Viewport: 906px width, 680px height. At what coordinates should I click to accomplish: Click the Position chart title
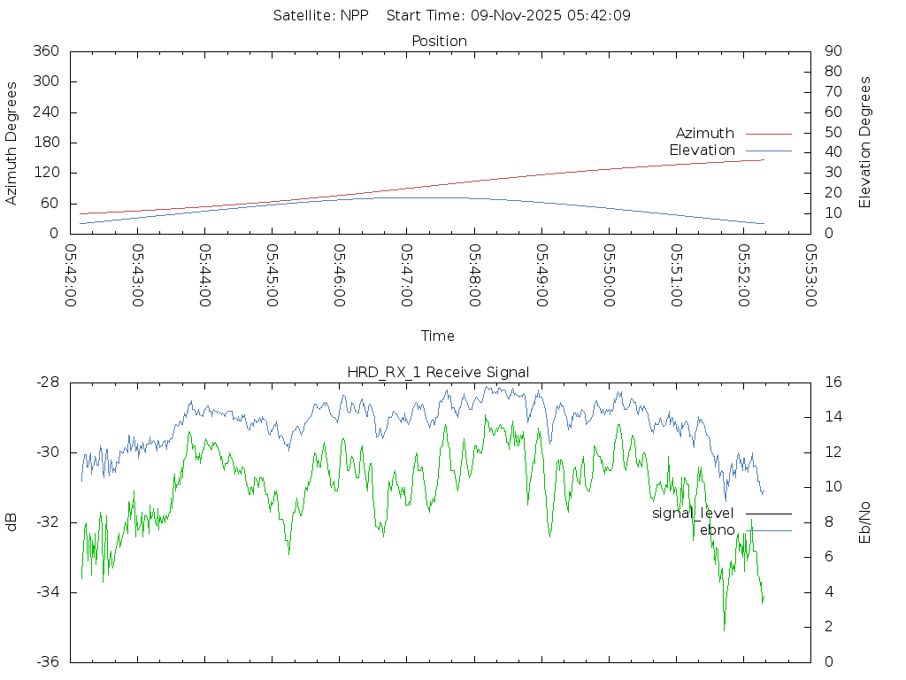(439, 42)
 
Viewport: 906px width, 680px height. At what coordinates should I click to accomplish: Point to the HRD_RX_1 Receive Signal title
(438, 373)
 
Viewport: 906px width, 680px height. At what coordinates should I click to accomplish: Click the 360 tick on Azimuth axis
(46, 51)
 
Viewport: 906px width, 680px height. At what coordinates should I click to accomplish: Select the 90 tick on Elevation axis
(832, 51)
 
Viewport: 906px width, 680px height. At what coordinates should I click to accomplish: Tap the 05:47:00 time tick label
(407, 275)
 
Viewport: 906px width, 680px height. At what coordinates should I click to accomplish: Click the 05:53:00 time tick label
(810, 275)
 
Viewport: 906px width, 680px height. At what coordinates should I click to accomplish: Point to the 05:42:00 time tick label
(71, 275)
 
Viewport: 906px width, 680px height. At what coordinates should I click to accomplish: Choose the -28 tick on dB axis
(47, 382)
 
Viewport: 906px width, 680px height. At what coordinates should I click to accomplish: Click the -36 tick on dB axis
(47, 661)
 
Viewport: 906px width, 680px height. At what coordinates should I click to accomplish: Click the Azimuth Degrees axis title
(12, 143)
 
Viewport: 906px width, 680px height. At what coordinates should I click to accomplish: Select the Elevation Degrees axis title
(865, 143)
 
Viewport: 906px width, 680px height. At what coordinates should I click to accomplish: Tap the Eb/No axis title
(865, 522)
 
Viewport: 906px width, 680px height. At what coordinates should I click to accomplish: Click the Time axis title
(438, 336)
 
